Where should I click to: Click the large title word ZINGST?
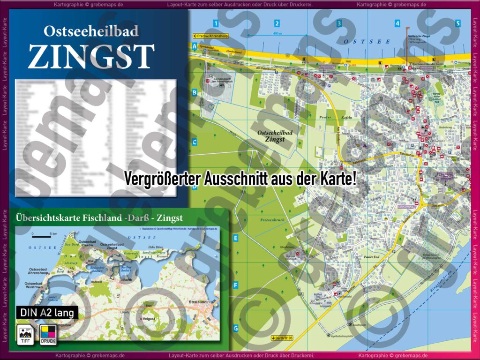[91, 57]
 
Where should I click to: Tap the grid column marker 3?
[339, 23]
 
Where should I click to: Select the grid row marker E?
[236, 238]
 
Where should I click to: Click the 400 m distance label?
[277, 34]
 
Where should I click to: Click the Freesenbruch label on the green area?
[272, 220]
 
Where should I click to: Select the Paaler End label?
[371, 257]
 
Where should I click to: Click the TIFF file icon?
[24, 334]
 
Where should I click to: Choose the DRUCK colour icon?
[48, 334]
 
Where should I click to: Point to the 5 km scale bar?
[44, 233]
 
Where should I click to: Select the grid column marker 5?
[457, 23]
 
